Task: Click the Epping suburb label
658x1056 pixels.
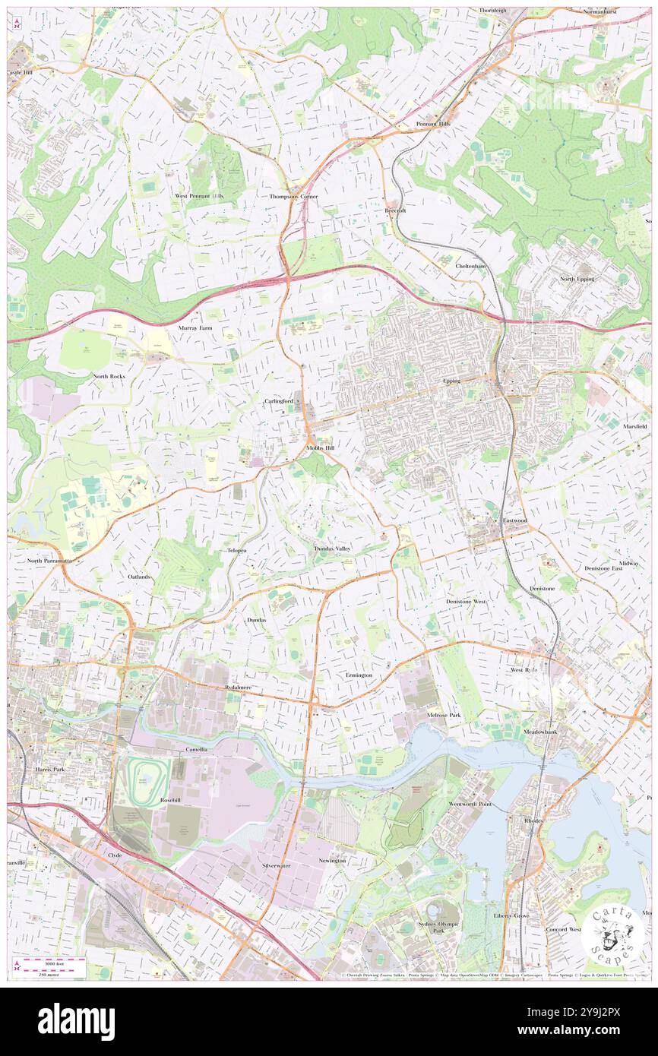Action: pyautogui.click(x=451, y=381)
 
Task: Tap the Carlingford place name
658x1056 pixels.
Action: pyautogui.click(x=278, y=400)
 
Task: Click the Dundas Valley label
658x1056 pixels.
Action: pyautogui.click(x=333, y=548)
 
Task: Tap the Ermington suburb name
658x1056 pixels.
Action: pyautogui.click(x=359, y=675)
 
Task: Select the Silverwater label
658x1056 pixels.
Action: pyautogui.click(x=276, y=865)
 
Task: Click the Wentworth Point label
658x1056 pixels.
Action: pyautogui.click(x=471, y=804)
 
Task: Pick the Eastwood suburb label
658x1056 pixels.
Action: pyautogui.click(x=514, y=520)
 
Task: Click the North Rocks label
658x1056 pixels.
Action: pyautogui.click(x=109, y=376)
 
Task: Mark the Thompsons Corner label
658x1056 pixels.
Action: pyautogui.click(x=293, y=196)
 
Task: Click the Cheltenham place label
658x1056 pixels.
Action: pyautogui.click(x=470, y=267)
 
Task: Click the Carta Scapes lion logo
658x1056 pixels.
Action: pyautogui.click(x=612, y=931)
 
